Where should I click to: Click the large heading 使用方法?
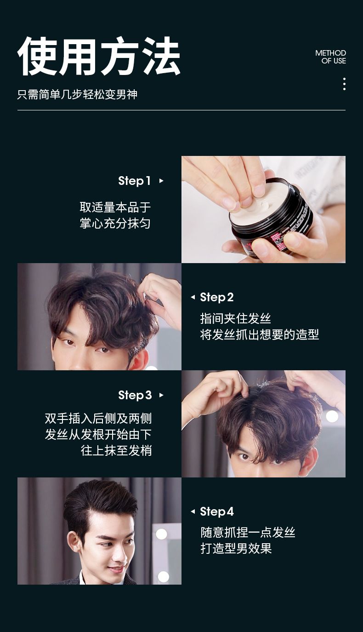coord(99,56)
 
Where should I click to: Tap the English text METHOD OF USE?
coord(330,57)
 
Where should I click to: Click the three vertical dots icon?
coord(344,84)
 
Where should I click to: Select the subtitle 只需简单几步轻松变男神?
coord(77,94)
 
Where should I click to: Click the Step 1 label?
coord(134,181)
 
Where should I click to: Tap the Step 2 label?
coord(217,297)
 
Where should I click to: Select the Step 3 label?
coord(135,395)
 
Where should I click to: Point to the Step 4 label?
coord(217,511)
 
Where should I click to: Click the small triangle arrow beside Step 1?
coord(161,181)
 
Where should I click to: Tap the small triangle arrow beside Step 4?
coord(193,511)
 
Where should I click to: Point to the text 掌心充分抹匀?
coord(115,224)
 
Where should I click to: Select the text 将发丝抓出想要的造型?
coord(259,334)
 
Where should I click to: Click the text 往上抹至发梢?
coord(116,450)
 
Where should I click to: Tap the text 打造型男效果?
coord(236,548)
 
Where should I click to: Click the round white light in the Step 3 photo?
coord(332,416)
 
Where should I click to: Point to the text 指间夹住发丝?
coord(235,318)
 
